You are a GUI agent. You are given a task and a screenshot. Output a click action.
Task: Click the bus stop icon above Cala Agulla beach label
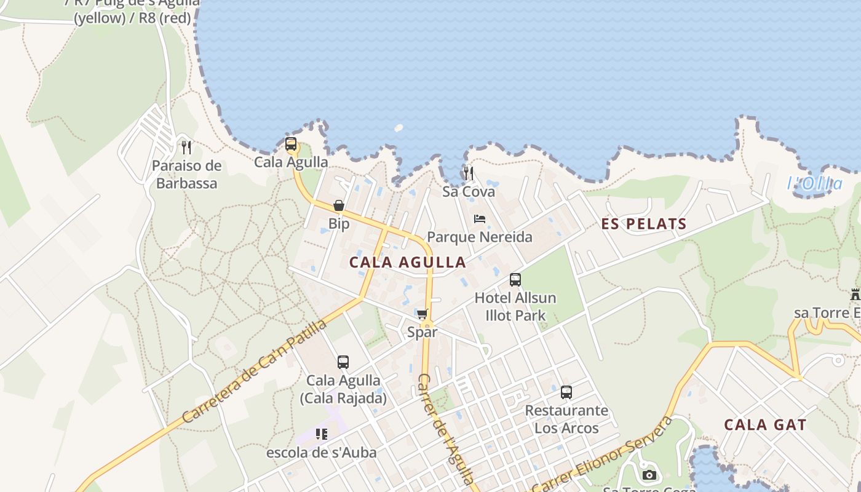click(291, 145)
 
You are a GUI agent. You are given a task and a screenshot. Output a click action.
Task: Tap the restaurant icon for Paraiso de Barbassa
click(186, 148)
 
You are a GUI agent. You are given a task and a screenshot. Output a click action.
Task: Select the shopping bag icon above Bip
click(339, 205)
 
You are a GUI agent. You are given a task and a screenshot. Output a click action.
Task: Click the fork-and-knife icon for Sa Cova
click(469, 173)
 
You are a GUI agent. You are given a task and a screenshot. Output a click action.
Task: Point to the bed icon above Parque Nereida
click(480, 219)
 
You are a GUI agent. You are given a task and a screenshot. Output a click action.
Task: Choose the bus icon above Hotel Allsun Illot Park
click(515, 280)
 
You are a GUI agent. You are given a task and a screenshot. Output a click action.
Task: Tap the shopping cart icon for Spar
click(423, 314)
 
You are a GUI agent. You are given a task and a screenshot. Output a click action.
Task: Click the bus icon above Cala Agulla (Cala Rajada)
click(343, 362)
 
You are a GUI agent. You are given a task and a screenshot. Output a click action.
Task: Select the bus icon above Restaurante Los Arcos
click(566, 392)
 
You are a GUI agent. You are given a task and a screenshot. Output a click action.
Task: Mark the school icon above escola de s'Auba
click(321, 434)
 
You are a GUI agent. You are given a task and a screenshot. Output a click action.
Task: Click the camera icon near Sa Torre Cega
click(649, 475)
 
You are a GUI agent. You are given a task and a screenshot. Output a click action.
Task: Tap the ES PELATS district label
click(643, 224)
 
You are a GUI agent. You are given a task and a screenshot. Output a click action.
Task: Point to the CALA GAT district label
click(764, 425)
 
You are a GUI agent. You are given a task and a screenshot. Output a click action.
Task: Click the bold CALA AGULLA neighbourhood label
click(407, 262)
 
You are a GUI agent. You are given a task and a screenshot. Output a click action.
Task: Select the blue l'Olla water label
click(815, 183)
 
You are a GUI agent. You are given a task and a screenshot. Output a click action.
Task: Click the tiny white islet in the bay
click(398, 129)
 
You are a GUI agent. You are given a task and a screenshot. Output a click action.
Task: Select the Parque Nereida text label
click(480, 237)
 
